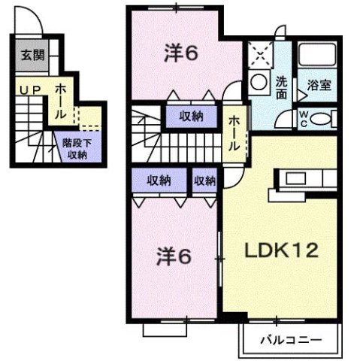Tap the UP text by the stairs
point(28,89)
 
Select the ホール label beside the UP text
point(60,101)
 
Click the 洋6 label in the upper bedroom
point(181,53)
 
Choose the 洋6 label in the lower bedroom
point(175,256)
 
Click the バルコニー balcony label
point(290,340)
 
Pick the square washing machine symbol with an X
point(261,55)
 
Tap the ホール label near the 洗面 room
point(234,134)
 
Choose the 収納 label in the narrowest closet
point(204,180)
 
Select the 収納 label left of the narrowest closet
point(159,180)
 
